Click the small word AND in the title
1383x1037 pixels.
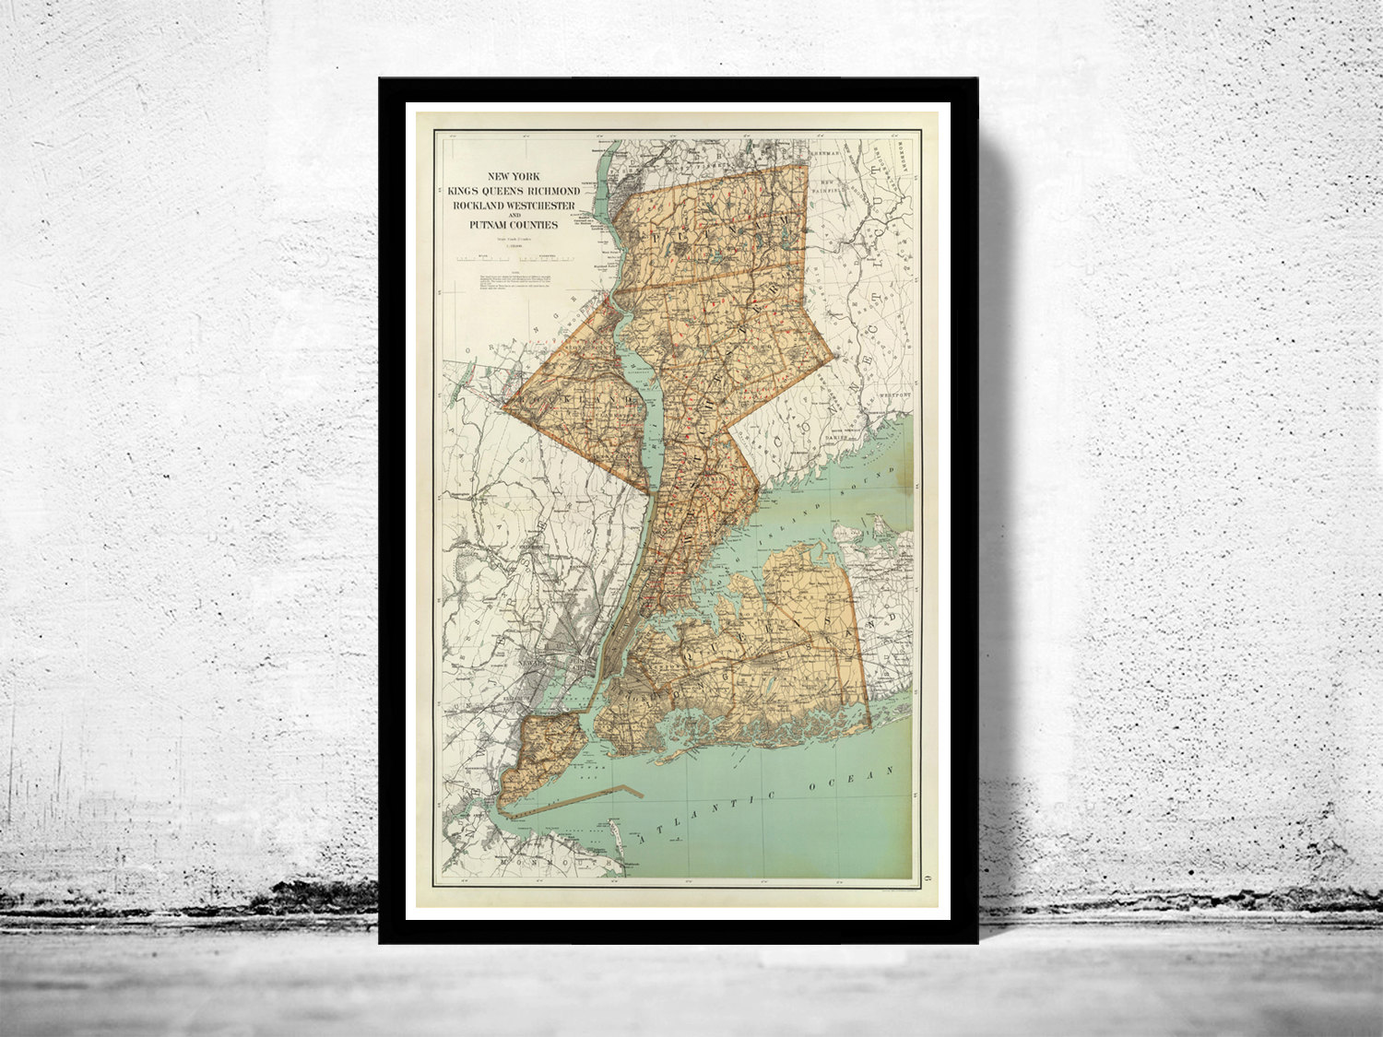[x=513, y=215]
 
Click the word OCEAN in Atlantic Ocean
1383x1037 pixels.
[x=849, y=779]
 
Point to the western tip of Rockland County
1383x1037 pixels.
[x=505, y=404]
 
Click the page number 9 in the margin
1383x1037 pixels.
[x=913, y=863]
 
